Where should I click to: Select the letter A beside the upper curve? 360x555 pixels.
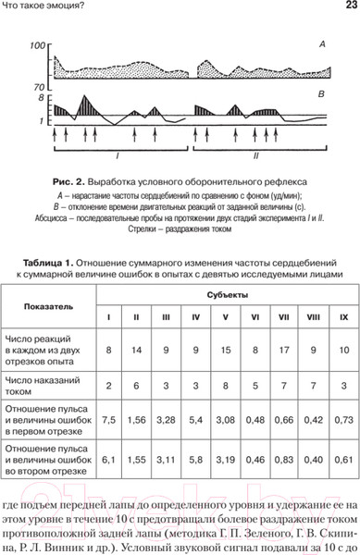pos(321,43)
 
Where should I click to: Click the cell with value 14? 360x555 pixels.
pos(137,351)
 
